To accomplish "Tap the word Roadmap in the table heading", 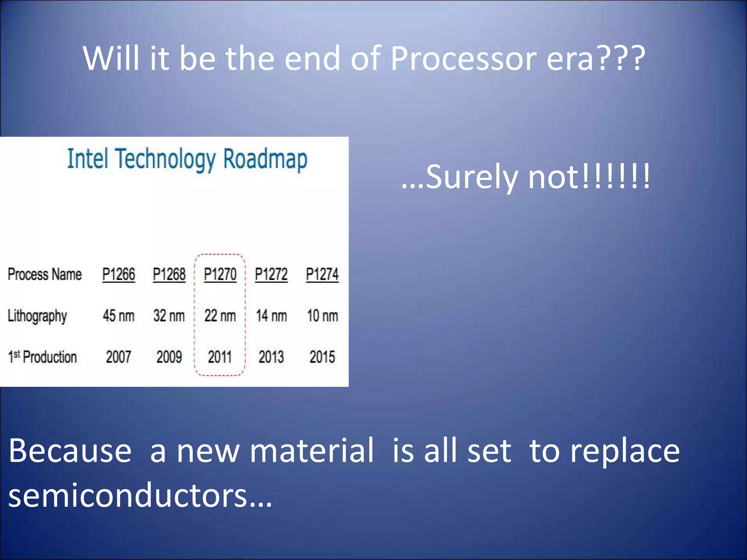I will click(x=265, y=159).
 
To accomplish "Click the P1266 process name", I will click(x=119, y=274).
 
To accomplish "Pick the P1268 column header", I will click(x=169, y=274).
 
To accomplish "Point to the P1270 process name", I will click(x=220, y=274).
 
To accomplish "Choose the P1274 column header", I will click(x=322, y=274).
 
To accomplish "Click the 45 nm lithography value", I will click(x=119, y=316).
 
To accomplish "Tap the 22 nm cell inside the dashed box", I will click(x=220, y=316).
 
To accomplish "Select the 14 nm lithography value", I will click(x=271, y=316).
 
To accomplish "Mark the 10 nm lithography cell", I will click(x=322, y=316).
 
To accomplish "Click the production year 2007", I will click(x=119, y=357).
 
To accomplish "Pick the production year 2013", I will click(x=271, y=357).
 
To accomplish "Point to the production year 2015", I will click(x=322, y=357).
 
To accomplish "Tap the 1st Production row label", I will click(x=42, y=357).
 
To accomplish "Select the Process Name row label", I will click(x=44, y=274).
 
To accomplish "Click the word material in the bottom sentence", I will click(x=312, y=451).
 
